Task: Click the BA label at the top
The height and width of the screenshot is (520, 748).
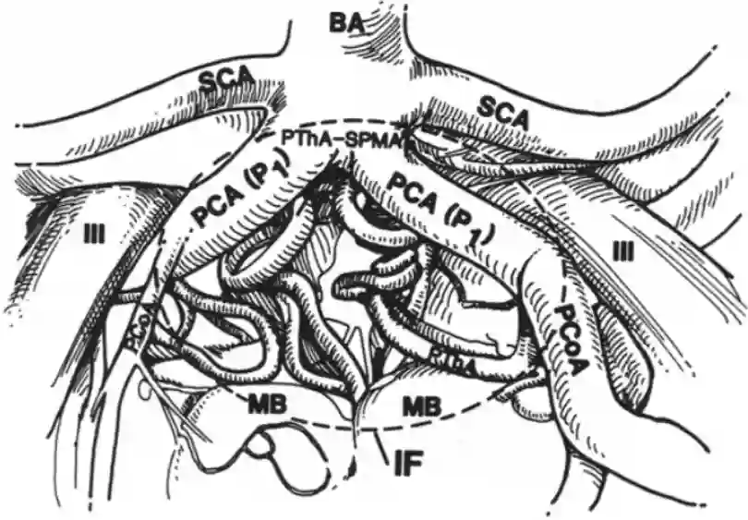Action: point(344,23)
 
